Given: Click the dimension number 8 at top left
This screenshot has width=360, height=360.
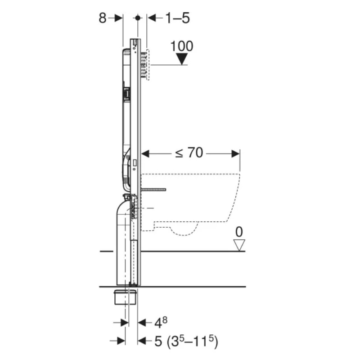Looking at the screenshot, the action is point(103,18).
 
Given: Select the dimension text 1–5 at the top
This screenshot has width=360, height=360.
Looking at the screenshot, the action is point(177,18).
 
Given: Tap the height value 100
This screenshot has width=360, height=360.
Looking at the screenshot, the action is point(182,46).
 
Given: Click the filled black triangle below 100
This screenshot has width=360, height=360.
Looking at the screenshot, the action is point(182,59).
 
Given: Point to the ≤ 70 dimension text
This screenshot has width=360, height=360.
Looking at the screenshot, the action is point(189,153).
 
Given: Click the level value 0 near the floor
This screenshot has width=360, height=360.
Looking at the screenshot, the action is point(239,232).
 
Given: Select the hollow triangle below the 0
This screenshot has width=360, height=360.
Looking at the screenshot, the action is point(239,245).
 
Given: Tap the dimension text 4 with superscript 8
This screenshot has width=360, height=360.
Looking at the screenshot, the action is point(161,322).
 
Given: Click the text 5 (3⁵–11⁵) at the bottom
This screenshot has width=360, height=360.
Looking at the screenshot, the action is point(186,341).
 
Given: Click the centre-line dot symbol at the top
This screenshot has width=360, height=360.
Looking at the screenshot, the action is point(138,18).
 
